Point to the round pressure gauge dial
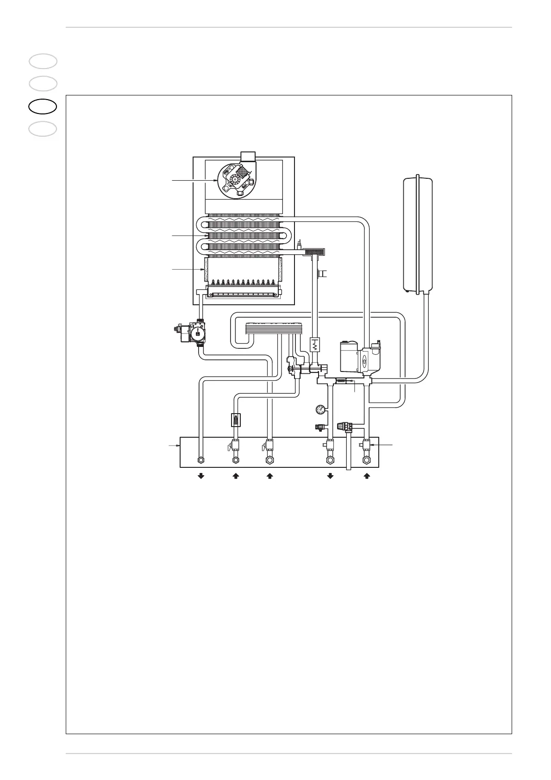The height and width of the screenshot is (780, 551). (320, 409)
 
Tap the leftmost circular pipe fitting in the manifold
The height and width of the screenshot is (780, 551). (201, 460)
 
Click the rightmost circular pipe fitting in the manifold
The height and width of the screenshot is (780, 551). (367, 460)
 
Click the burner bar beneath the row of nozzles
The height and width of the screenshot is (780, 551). (243, 293)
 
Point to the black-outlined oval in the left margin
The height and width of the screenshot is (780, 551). (43, 106)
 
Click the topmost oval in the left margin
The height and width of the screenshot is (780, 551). (43, 61)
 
